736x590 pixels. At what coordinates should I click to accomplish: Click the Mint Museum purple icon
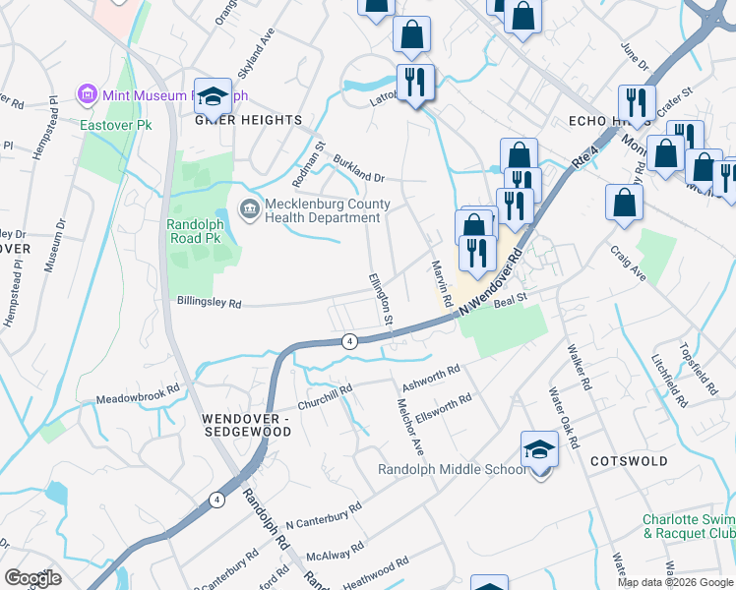tap(88, 95)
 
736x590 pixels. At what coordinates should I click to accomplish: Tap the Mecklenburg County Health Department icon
tap(250, 208)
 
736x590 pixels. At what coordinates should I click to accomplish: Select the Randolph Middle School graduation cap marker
tap(538, 450)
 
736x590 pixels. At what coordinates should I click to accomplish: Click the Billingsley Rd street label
tap(209, 304)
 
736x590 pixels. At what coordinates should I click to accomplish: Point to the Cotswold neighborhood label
tap(629, 460)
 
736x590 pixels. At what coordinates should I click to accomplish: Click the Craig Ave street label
tap(627, 265)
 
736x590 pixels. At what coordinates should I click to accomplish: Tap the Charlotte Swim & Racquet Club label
tap(688, 526)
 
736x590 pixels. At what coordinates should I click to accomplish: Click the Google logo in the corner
tap(32, 578)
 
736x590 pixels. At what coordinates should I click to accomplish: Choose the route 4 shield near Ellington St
tap(349, 341)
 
